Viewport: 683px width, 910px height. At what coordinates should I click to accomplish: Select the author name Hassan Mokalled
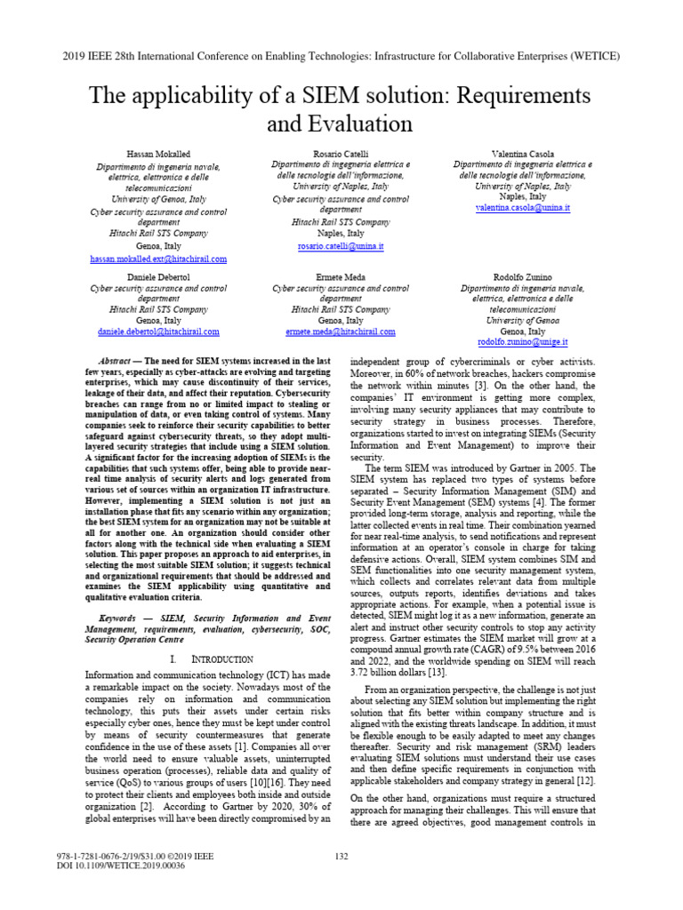159,154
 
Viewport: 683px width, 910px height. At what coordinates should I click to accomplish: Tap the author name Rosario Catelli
341,154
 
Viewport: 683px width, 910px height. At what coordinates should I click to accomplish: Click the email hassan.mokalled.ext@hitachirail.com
159,259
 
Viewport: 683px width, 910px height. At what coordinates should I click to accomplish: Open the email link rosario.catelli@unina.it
341,245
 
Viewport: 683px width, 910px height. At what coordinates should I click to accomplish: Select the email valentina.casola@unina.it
522,206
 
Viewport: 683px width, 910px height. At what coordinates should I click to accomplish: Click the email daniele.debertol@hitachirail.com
159,331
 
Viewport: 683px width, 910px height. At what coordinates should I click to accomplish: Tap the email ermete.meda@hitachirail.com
341,331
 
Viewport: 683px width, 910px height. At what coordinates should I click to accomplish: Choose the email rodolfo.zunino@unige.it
522,341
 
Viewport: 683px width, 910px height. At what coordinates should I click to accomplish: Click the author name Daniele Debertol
159,277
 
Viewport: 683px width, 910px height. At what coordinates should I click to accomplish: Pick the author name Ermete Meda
341,277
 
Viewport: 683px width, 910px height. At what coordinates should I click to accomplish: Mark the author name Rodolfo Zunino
522,277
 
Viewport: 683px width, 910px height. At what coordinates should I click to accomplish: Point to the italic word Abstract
116,363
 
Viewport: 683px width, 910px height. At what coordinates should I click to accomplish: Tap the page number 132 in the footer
341,881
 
